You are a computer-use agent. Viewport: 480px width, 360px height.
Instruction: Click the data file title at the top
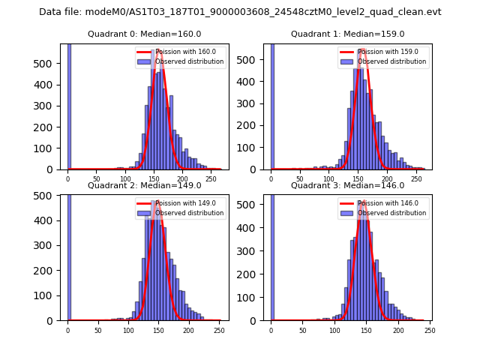click(240, 12)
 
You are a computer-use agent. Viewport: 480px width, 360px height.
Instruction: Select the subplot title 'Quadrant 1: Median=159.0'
click(347, 34)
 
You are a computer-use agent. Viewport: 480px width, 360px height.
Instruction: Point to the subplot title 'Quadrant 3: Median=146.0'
click(347, 185)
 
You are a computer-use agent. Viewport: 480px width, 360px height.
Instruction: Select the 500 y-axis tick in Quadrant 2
click(47, 196)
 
